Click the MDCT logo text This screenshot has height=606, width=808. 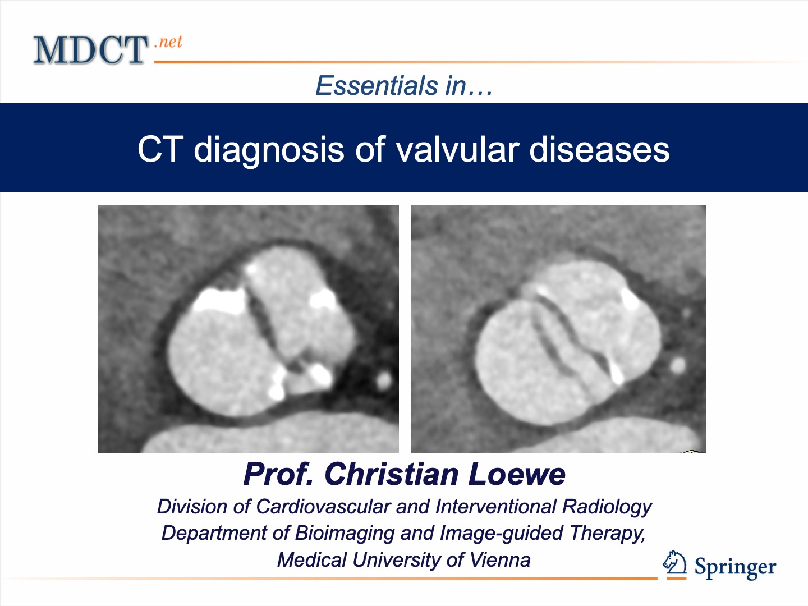coord(90,50)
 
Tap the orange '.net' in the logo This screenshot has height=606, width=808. coord(168,42)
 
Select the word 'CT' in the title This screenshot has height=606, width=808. coord(160,149)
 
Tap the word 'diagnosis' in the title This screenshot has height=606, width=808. coord(268,150)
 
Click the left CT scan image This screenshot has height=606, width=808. coord(248,329)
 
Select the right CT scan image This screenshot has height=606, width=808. coord(558,329)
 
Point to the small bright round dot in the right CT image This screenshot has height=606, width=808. coord(678,365)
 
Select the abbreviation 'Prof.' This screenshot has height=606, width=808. coord(278,474)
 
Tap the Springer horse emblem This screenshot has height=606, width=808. coord(675,563)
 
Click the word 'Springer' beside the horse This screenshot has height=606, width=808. coord(735,568)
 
